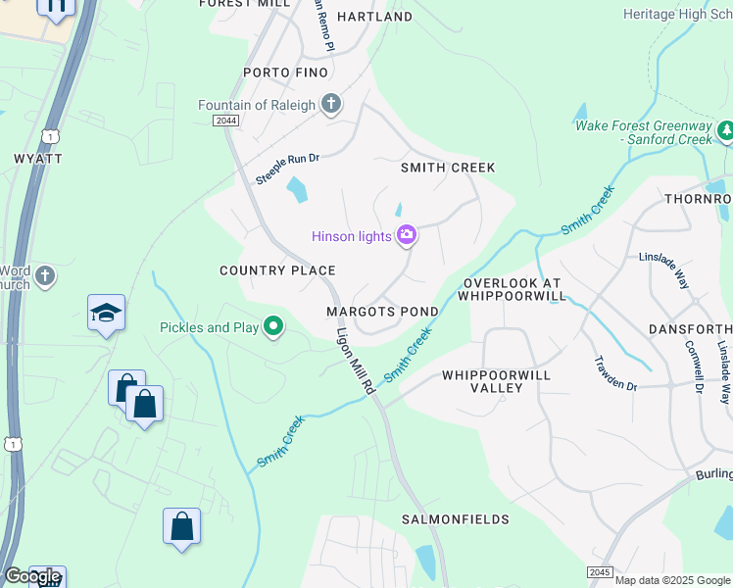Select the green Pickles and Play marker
tap(273, 327)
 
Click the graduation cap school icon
tap(106, 313)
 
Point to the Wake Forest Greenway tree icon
tap(726, 131)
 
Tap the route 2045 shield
tap(601, 571)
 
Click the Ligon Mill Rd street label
tap(356, 362)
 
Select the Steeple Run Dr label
tap(288, 169)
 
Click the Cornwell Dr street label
tap(694, 367)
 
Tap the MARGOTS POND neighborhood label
tap(382, 312)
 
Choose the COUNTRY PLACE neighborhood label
tap(277, 270)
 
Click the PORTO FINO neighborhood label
tap(285, 73)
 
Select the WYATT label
tap(38, 158)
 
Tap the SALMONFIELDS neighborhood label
tap(456, 518)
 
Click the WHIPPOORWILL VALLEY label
tap(496, 382)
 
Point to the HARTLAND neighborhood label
tap(374, 17)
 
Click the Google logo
tap(32, 576)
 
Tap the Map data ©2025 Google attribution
tap(672, 580)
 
